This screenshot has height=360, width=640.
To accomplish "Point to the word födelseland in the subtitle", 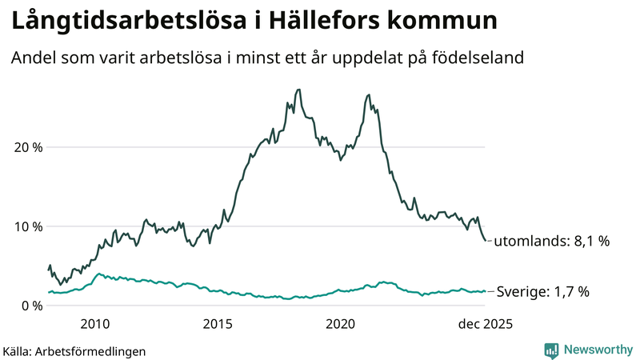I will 484,58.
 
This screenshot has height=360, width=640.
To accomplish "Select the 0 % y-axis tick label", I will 30,306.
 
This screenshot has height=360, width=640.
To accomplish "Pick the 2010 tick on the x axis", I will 94,324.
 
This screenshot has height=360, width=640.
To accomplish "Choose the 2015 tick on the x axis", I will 218,324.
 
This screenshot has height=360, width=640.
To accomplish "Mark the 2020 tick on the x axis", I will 341,324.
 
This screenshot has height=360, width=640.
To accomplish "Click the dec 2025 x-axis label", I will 485,324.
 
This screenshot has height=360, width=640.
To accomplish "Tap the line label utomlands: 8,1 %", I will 552,241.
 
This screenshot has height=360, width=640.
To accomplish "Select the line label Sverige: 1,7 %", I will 543,292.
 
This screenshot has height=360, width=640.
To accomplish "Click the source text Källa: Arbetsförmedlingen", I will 74,350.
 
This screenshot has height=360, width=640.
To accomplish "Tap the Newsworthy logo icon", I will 551,350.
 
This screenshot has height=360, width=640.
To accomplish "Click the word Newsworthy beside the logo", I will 598,350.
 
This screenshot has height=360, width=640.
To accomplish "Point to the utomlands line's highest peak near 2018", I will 298,90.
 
